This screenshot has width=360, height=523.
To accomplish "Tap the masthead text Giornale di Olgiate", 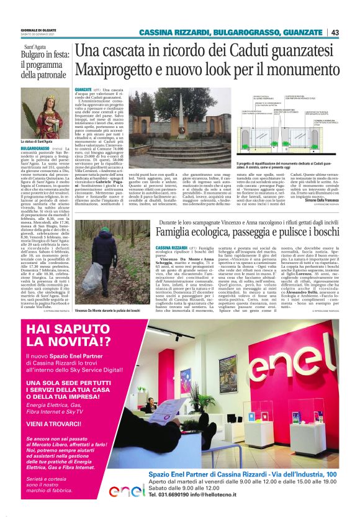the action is [x=38, y=30].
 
